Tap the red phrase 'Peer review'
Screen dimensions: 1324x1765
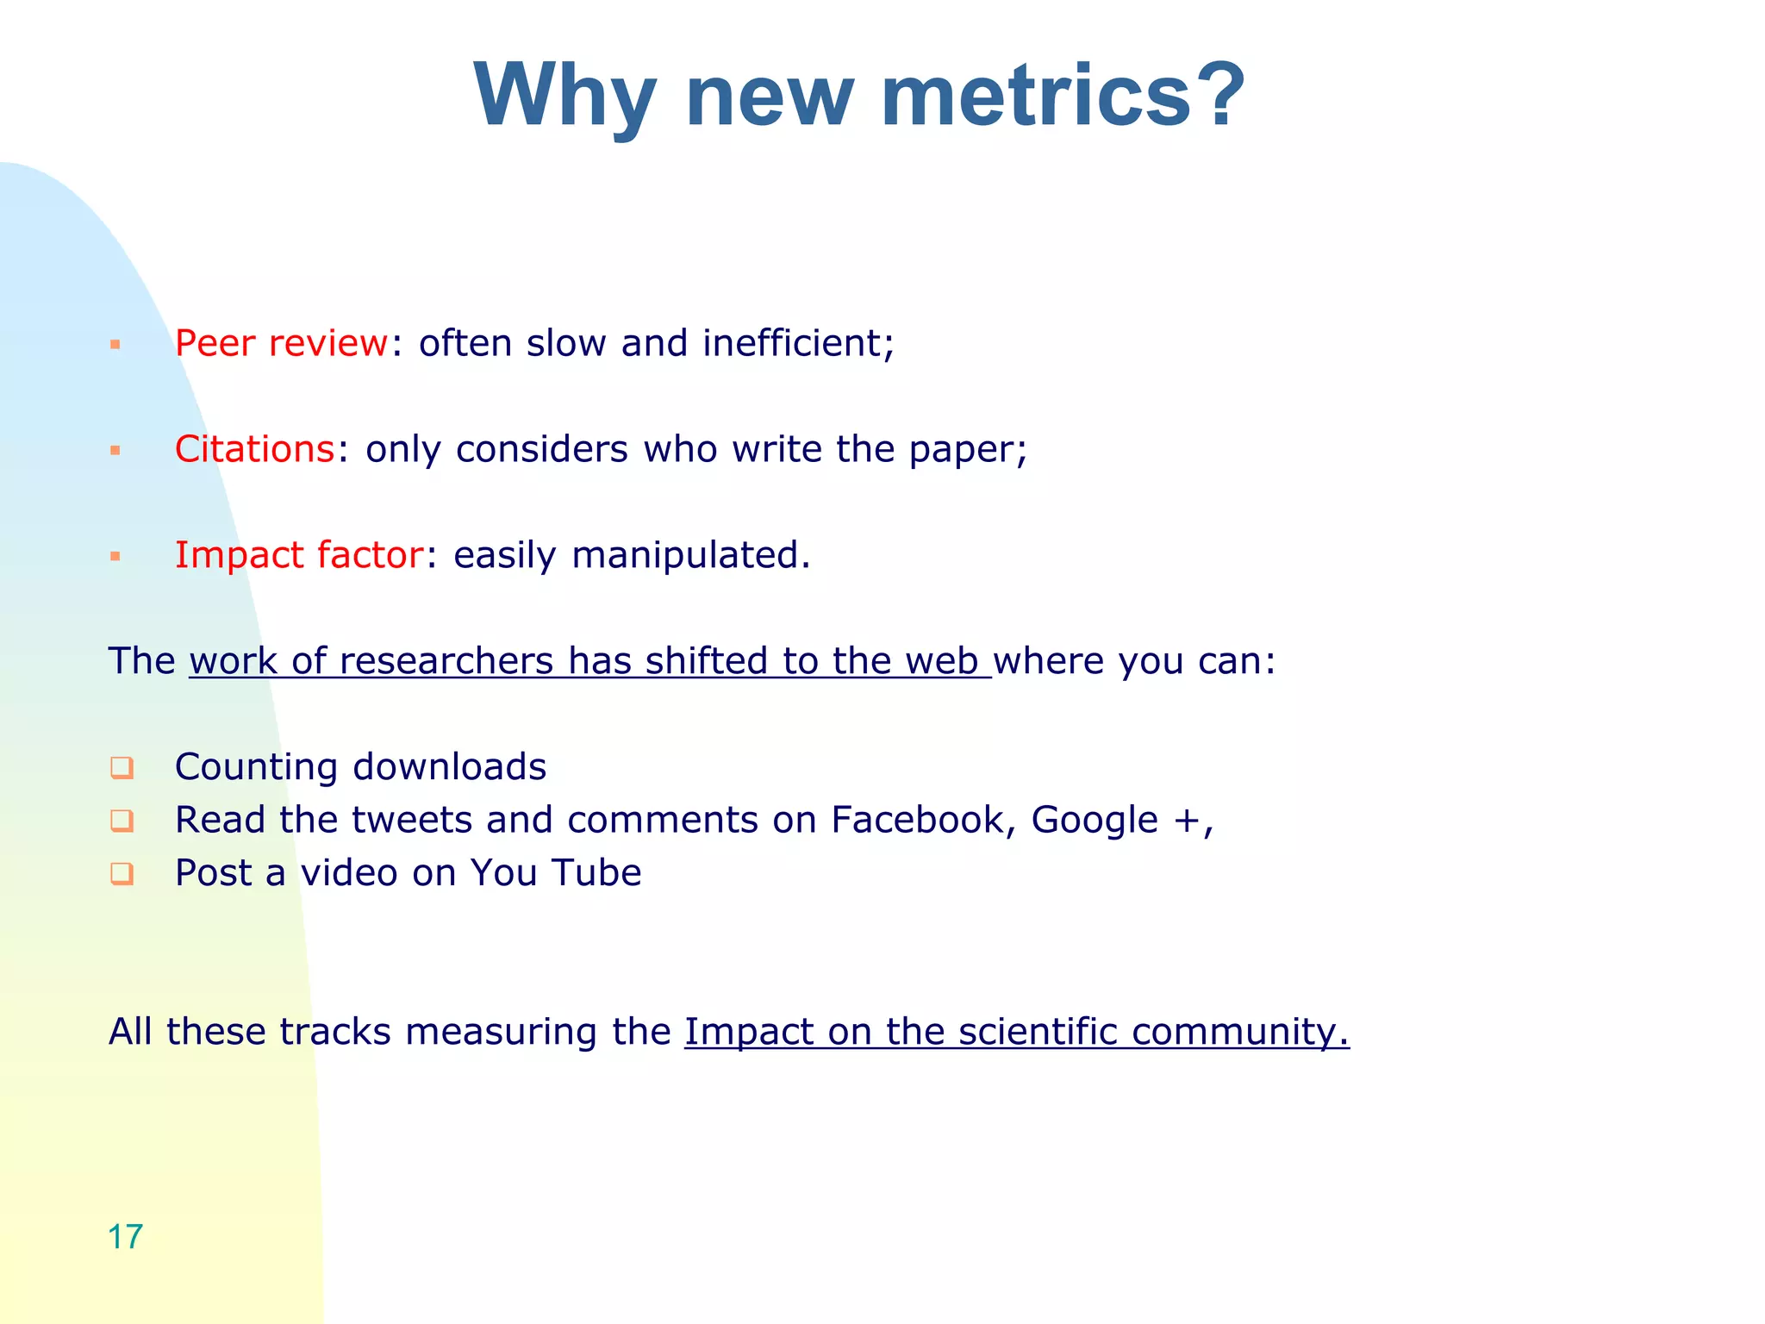pos(281,343)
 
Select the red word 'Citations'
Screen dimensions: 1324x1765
pos(254,449)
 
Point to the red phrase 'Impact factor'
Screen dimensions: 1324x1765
pos(299,555)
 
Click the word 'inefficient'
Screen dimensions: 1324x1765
pos(792,343)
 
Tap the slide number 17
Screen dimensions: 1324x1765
pos(125,1237)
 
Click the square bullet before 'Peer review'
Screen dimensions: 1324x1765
pos(115,345)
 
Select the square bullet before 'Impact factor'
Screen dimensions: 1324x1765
pos(115,557)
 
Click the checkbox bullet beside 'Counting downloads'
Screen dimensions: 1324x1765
pos(122,767)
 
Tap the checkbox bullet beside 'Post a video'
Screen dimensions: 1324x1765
pos(122,873)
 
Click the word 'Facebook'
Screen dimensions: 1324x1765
pos(917,820)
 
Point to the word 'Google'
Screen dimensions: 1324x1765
pos(1095,821)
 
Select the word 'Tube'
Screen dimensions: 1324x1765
pos(596,873)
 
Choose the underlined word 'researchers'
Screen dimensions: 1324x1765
pos(446,661)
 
